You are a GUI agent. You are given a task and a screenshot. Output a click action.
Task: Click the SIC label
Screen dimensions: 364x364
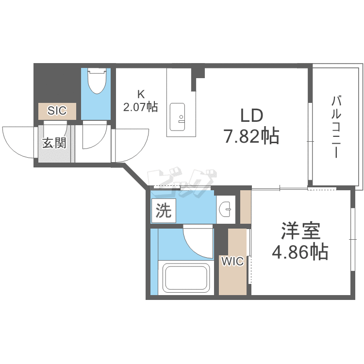(57, 110)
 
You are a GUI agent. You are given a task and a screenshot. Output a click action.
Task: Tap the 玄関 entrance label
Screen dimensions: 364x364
(54, 143)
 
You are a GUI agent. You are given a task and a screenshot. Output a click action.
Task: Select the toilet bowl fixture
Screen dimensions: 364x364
(97, 81)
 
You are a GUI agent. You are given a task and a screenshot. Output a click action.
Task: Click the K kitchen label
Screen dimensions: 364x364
(140, 94)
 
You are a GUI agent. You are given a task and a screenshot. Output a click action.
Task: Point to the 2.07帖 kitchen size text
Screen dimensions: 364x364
(140, 106)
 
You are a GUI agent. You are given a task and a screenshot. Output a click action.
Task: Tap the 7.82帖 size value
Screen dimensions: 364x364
(251, 137)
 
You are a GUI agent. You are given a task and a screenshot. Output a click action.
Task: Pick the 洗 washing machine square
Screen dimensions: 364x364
(164, 211)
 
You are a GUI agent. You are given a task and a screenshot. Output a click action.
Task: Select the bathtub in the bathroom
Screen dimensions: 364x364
(186, 278)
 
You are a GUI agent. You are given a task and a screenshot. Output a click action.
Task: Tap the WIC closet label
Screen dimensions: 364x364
(232, 262)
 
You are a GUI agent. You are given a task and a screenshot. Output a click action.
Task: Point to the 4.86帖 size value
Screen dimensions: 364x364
(300, 252)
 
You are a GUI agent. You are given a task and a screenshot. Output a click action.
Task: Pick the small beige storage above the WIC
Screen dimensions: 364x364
(246, 207)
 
